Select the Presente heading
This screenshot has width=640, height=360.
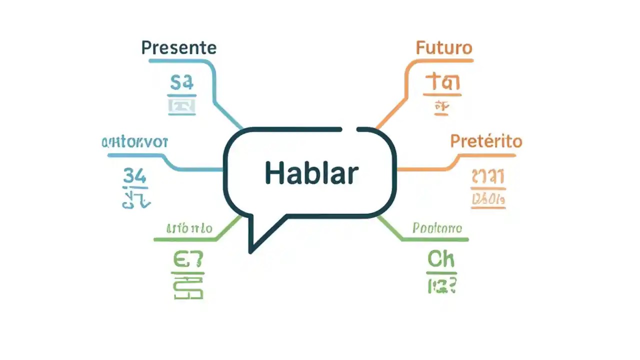pos(179,48)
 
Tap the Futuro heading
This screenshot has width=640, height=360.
pos(444,48)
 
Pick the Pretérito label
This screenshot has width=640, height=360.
pos(486,141)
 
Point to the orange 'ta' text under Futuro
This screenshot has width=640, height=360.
pos(442,81)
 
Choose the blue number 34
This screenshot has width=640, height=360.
pos(134,176)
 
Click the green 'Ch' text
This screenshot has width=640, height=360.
pos(441,259)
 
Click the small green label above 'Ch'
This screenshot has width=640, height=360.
pos(437,228)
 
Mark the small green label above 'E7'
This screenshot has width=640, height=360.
pos(189,228)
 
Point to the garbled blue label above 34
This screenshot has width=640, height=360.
pos(134,142)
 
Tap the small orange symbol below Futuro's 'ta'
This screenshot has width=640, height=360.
pos(440,106)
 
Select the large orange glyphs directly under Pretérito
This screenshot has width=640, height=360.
pos(488,176)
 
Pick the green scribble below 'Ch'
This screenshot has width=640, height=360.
pos(441,286)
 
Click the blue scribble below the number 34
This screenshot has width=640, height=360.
pos(135,199)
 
